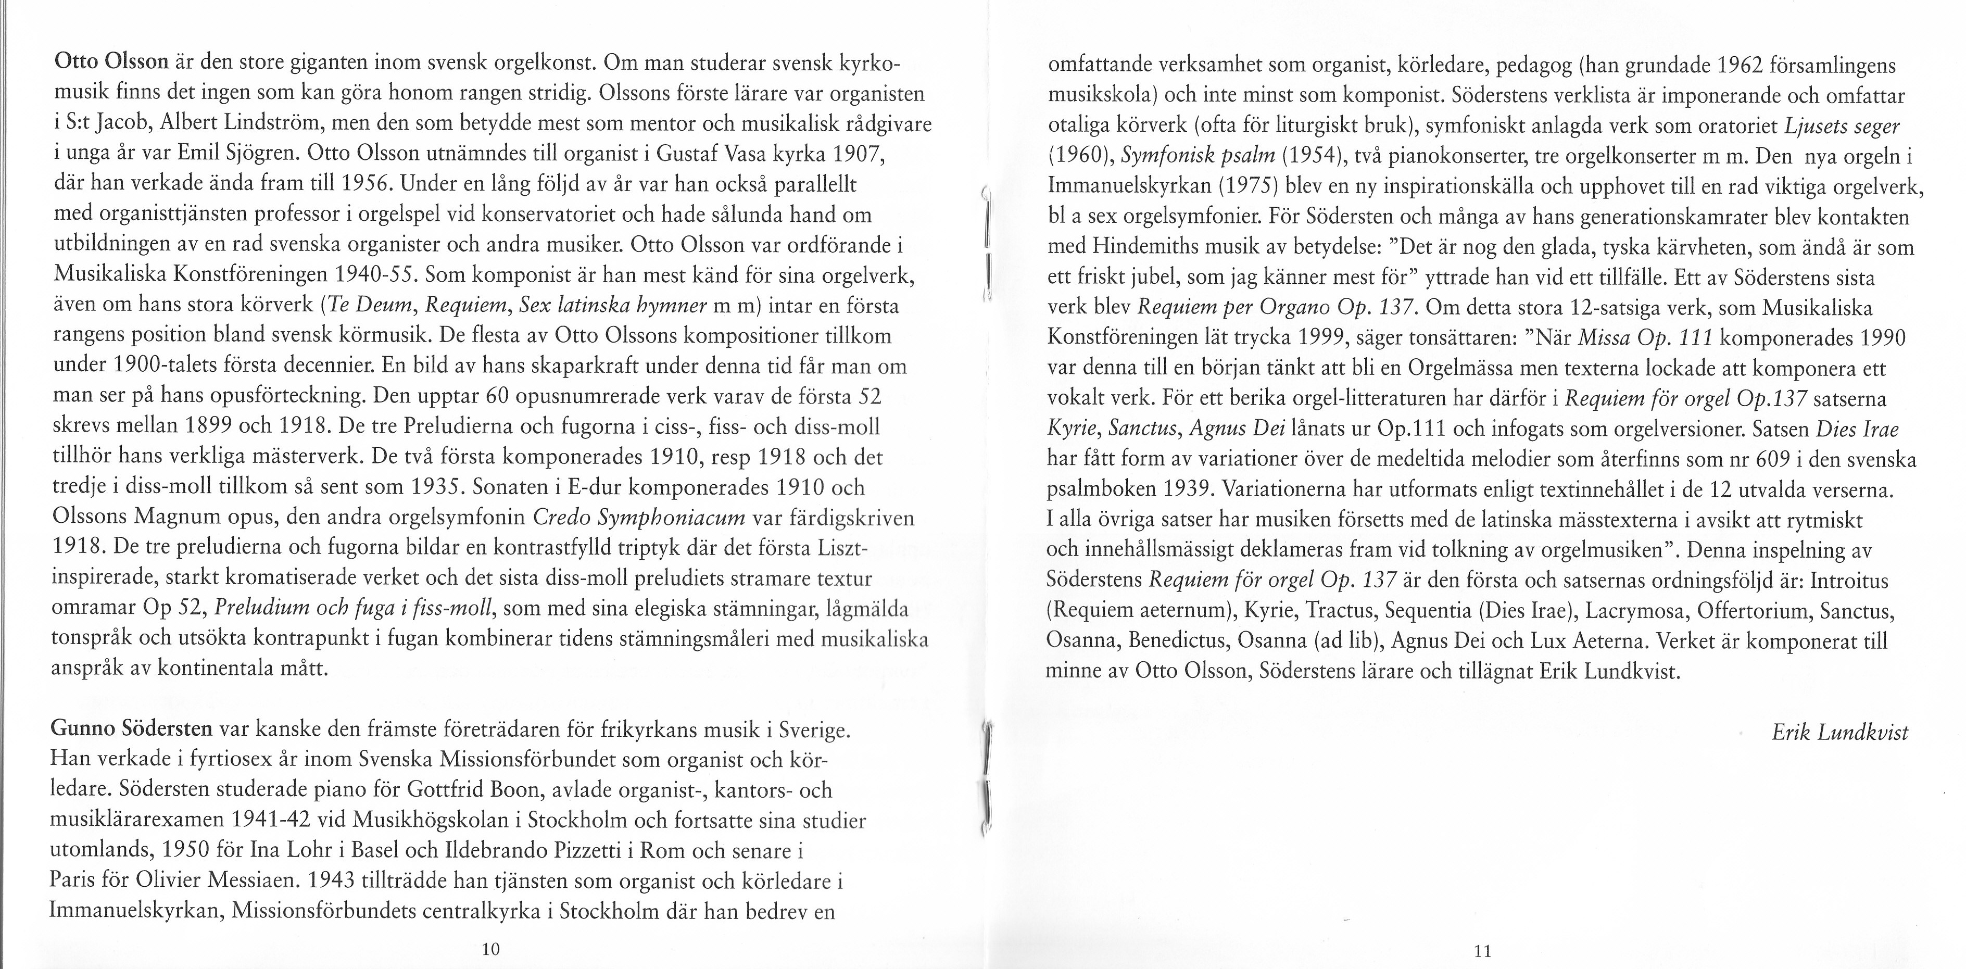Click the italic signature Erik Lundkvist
tap(1839, 733)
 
